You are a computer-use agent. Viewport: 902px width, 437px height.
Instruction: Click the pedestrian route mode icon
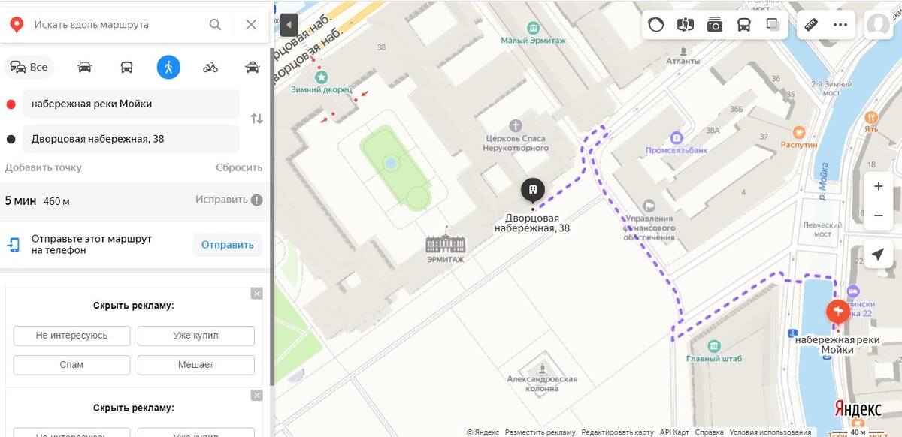168,67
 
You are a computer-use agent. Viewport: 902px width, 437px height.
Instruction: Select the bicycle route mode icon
210,67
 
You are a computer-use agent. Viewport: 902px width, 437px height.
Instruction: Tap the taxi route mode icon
253,67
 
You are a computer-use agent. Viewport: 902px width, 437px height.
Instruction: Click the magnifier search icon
216,25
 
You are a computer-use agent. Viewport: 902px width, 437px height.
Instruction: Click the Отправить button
228,244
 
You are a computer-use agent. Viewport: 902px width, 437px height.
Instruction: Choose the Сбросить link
239,167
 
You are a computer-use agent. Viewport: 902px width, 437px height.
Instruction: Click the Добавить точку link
44,167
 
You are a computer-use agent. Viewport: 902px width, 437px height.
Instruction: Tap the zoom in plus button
878,186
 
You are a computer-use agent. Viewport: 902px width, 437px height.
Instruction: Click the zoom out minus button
878,215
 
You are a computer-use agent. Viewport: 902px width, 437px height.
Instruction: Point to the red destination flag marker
837,311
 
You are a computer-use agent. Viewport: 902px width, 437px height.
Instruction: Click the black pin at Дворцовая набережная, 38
533,191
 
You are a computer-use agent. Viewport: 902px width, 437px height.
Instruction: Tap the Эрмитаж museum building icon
446,243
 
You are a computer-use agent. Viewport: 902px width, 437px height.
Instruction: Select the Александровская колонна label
542,384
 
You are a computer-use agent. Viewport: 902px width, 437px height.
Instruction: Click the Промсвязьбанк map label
676,149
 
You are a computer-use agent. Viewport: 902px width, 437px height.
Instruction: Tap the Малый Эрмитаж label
533,40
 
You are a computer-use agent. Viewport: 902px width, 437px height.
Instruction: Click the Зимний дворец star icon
322,77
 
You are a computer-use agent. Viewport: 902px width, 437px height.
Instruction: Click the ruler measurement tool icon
810,24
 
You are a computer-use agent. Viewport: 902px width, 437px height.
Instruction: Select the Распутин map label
798,143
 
